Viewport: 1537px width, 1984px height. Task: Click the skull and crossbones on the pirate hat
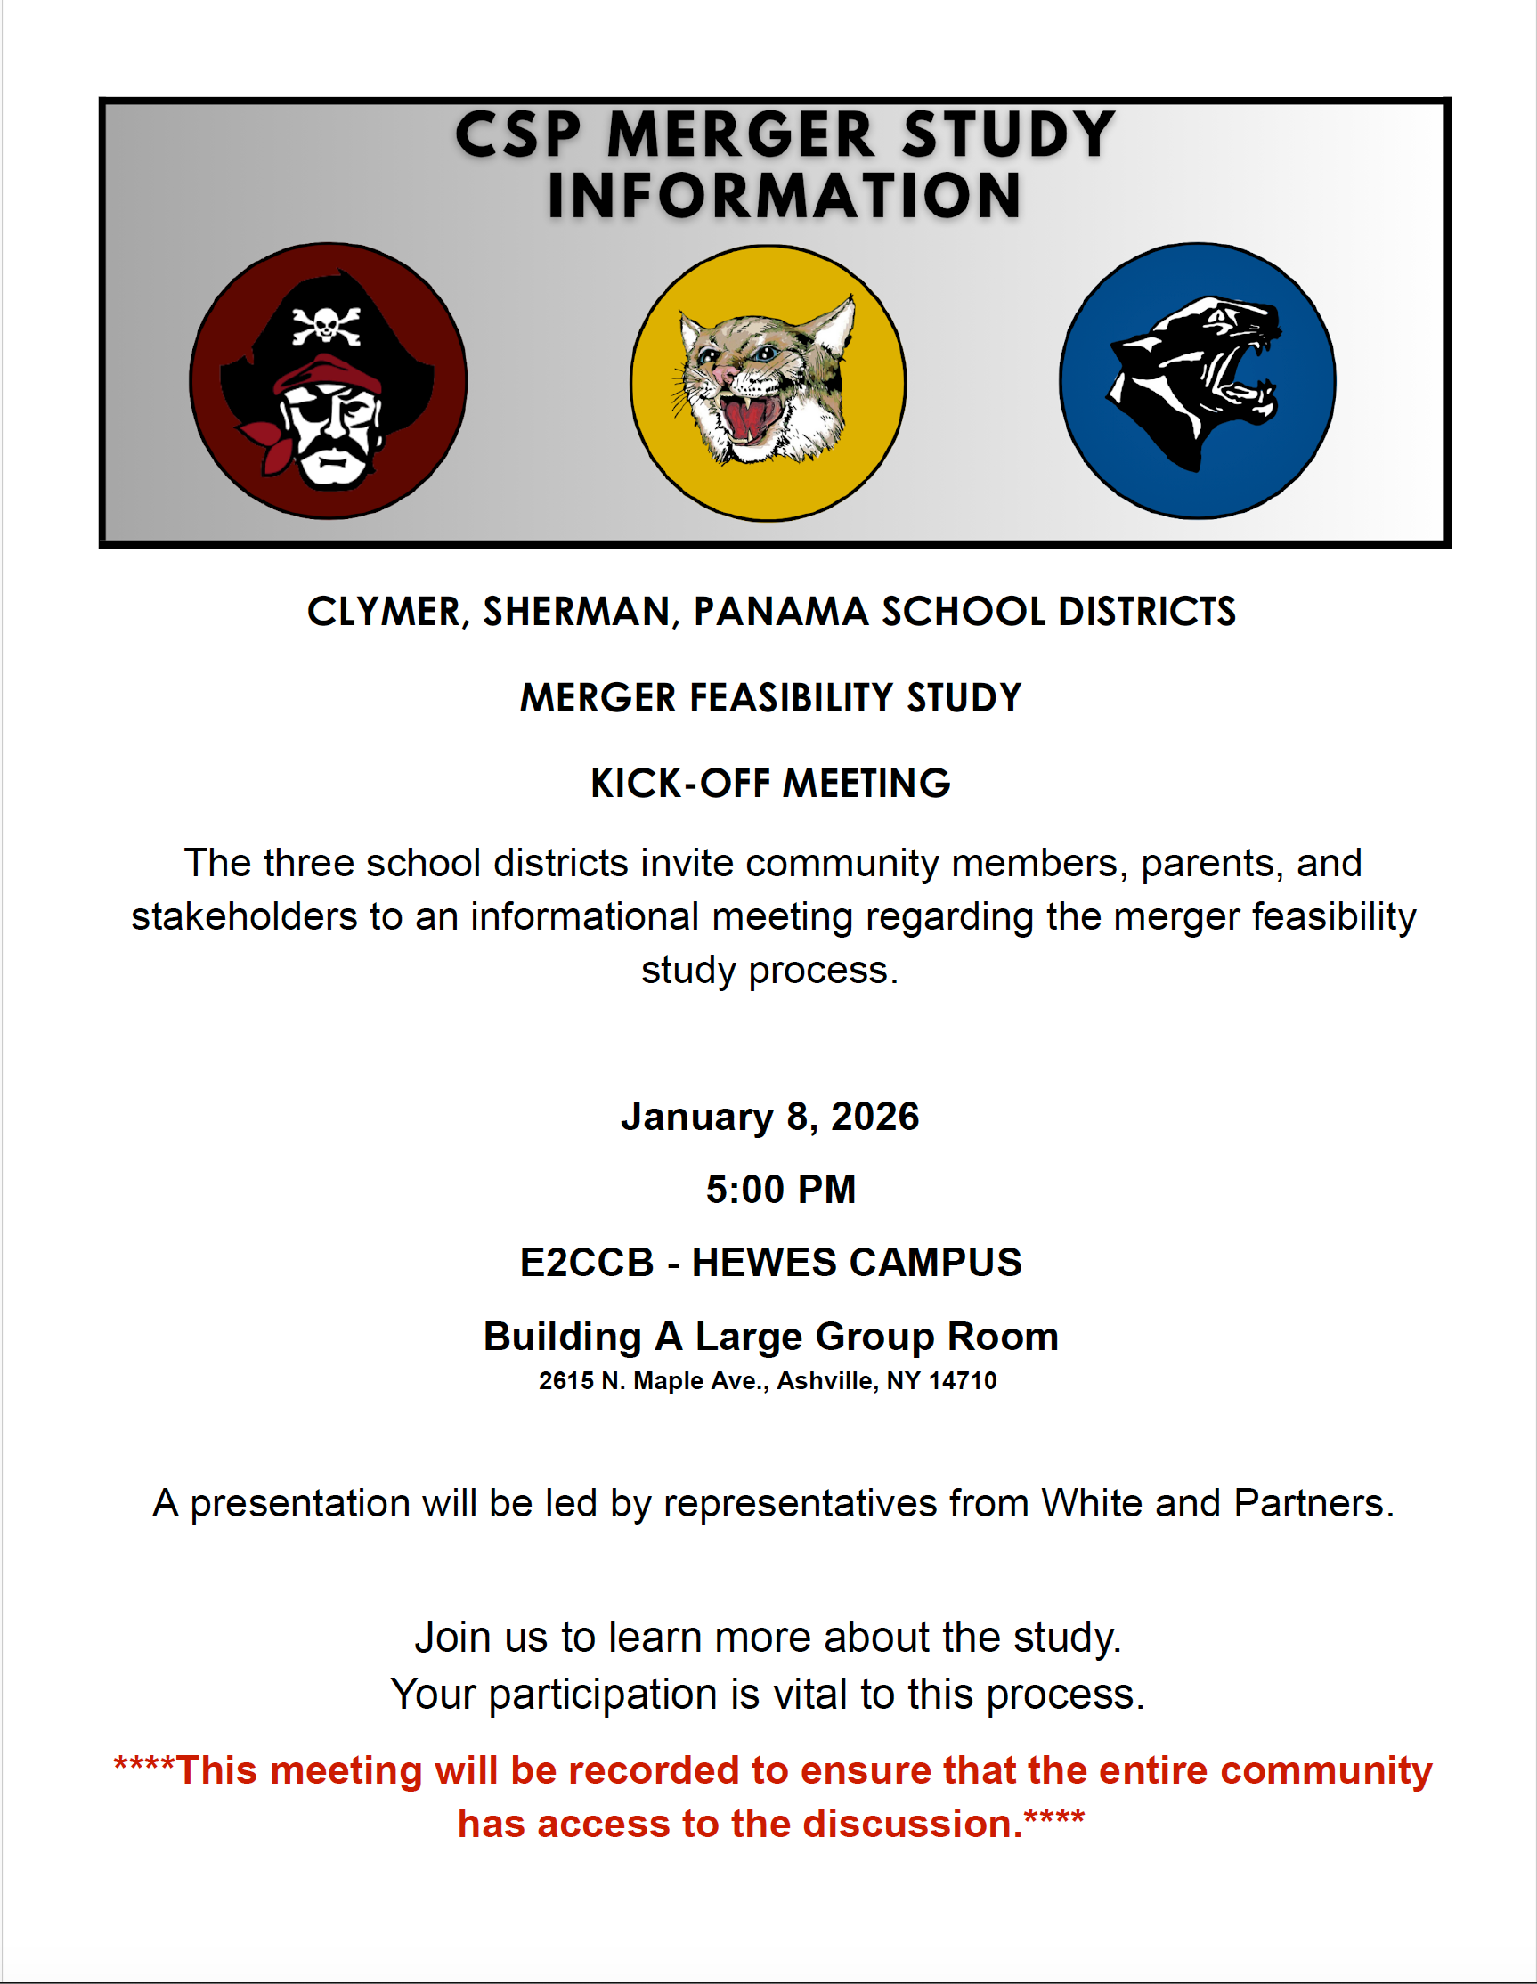click(x=325, y=325)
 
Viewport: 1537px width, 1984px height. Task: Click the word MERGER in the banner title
click(x=741, y=135)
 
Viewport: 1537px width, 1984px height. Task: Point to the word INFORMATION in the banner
click(x=784, y=195)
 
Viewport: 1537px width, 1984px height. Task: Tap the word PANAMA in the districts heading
click(x=781, y=612)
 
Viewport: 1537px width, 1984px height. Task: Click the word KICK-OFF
click(x=680, y=783)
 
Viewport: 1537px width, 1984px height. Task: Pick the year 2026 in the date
click(x=874, y=1117)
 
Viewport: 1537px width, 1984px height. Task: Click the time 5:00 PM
click(x=780, y=1189)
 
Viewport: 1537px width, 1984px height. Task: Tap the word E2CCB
click(x=587, y=1263)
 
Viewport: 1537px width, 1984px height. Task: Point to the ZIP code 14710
click(x=963, y=1381)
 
